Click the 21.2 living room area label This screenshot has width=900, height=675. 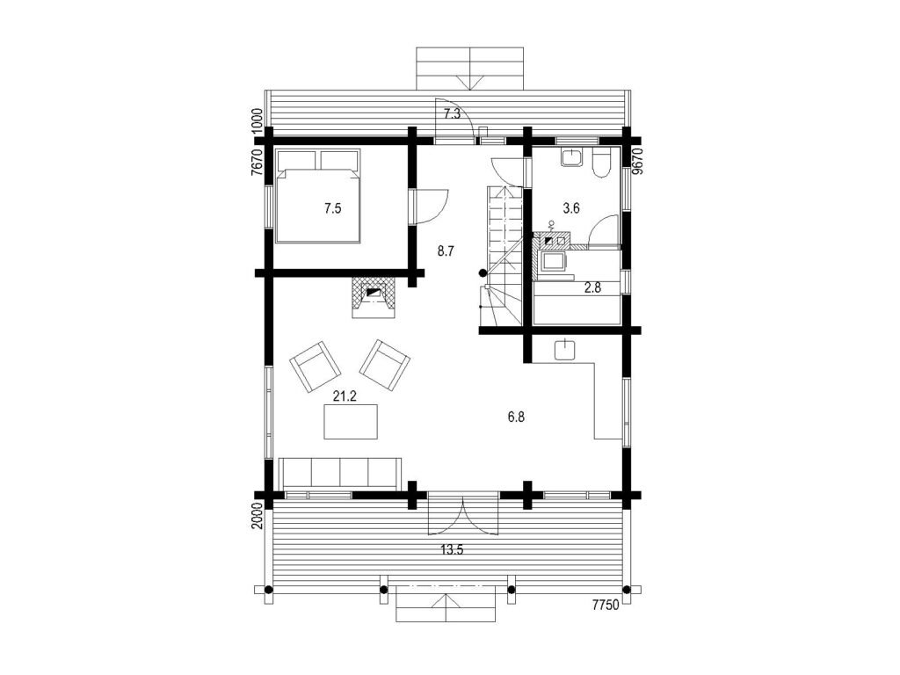pyautogui.click(x=345, y=396)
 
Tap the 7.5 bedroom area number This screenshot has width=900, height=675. pyautogui.click(x=332, y=208)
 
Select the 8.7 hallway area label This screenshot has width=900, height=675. pyautogui.click(x=446, y=250)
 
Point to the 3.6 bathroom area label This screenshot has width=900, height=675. pyautogui.click(x=571, y=208)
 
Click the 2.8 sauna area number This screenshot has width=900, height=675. pyautogui.click(x=592, y=288)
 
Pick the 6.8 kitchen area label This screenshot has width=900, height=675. pyautogui.click(x=516, y=417)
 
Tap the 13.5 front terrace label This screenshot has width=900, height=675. pyautogui.click(x=452, y=550)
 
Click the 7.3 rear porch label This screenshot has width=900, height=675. pyautogui.click(x=453, y=113)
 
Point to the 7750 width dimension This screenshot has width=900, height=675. pyautogui.click(x=606, y=605)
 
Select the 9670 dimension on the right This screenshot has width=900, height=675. pyautogui.click(x=636, y=161)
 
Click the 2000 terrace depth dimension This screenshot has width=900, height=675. pyautogui.click(x=257, y=515)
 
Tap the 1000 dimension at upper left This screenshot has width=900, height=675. pyautogui.click(x=257, y=121)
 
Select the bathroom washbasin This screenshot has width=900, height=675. pyautogui.click(x=571, y=157)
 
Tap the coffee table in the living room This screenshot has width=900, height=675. pyautogui.click(x=351, y=422)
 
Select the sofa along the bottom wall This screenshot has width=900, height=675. pyautogui.click(x=340, y=474)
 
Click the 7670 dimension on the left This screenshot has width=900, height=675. pyautogui.click(x=257, y=162)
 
